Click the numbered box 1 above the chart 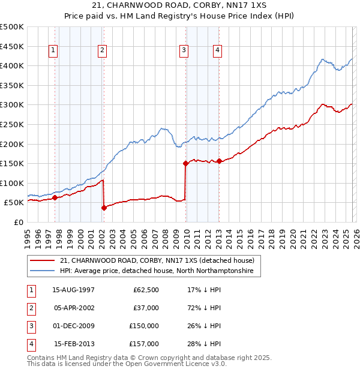coord(55,51)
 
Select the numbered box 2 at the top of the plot coord(103,51)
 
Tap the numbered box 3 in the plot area coord(184,51)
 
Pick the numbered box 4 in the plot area coord(217,51)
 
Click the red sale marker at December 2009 coord(185,163)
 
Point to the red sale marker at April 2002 coord(104,208)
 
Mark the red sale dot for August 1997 coord(55,197)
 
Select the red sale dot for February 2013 coord(219,161)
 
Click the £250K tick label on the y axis coord(12,124)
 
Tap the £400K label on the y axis coord(12,65)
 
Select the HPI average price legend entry coord(156,271)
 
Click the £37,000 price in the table coord(146,308)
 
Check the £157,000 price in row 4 coord(144,344)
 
